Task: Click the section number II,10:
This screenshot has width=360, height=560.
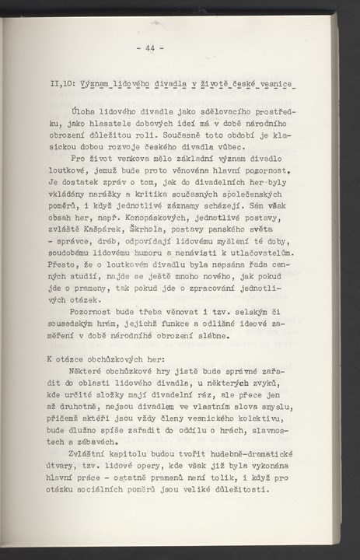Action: [64, 83]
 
